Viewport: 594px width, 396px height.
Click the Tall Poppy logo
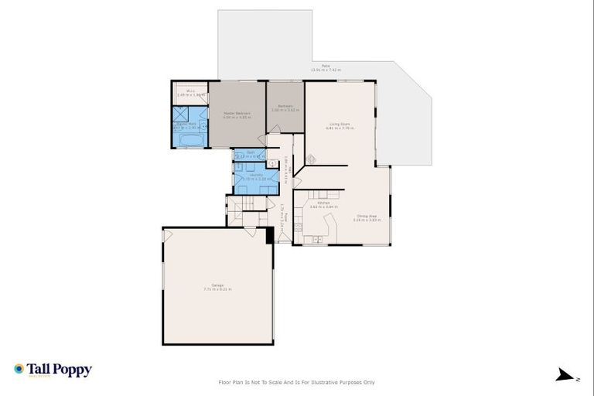53,370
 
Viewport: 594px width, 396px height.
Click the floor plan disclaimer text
297,382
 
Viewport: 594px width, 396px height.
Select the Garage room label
217,287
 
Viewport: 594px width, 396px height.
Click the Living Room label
340,125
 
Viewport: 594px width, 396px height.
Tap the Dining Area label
367,217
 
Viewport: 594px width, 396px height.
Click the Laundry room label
255,176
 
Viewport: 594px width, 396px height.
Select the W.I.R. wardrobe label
189,92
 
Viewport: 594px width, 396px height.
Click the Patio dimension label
325,68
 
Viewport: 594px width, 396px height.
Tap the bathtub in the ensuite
189,140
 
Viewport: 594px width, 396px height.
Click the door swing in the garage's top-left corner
168,235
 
